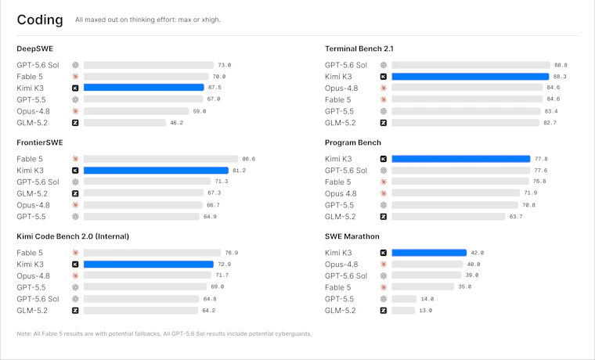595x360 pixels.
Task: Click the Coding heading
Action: [40, 20]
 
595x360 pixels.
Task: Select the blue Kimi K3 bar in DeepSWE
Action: [144, 88]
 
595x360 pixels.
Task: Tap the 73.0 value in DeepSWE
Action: [224, 65]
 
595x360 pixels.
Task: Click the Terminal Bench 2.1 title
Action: [359, 49]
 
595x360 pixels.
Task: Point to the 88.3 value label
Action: [560, 76]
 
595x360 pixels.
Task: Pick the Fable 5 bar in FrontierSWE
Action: [161, 159]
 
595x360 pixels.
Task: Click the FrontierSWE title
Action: [40, 142]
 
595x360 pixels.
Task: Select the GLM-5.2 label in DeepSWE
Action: [32, 123]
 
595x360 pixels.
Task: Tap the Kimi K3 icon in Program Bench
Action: [384, 159]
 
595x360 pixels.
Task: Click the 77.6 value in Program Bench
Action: [541, 171]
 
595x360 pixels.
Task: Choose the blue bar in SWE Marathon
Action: [429, 253]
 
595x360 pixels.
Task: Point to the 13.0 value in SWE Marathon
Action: [425, 311]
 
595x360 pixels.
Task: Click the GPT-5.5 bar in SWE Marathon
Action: [404, 299]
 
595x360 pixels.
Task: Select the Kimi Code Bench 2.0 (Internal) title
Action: [73, 236]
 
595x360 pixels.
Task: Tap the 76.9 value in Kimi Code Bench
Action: [232, 253]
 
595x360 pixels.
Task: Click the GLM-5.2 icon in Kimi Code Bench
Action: [75, 311]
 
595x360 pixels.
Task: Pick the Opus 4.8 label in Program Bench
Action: [341, 193]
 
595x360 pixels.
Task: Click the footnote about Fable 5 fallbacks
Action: [164, 334]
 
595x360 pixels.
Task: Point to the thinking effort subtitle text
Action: [148, 20]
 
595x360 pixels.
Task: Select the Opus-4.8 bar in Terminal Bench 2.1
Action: [467, 88]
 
